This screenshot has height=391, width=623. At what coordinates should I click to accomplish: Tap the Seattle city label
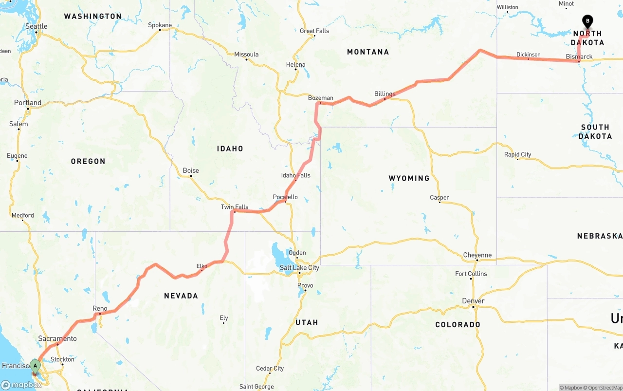[37, 26]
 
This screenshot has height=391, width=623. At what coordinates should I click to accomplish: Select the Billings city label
[385, 93]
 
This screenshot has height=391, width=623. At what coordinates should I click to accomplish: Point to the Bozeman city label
[321, 98]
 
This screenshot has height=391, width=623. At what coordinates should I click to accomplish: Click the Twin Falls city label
[235, 207]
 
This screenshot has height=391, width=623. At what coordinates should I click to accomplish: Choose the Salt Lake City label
[299, 267]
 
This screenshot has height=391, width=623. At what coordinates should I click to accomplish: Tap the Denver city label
[473, 301]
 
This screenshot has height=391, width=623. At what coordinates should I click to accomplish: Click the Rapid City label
[517, 154]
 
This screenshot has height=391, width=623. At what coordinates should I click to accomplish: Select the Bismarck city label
[579, 56]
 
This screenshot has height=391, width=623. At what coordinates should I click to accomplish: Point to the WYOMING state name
[409, 178]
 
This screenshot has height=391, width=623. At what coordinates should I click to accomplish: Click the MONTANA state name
[368, 52]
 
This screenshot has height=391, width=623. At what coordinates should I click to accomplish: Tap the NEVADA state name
[181, 296]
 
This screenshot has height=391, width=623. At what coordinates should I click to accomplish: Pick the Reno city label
[100, 308]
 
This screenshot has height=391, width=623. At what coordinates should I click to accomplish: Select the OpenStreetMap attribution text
[605, 388]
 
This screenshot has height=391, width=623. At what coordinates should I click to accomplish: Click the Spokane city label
[160, 25]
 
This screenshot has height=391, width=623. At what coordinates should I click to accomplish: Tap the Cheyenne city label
[477, 255]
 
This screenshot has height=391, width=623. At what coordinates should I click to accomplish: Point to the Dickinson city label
[528, 54]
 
